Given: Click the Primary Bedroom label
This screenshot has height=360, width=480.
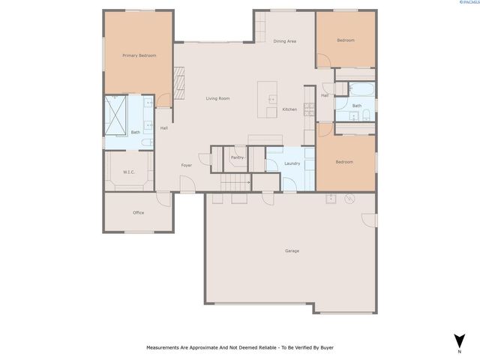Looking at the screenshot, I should (x=139, y=55).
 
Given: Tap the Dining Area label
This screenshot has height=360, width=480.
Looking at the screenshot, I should (x=284, y=41).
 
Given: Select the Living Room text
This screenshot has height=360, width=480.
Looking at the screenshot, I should (x=217, y=99).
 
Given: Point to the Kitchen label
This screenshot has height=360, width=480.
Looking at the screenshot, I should (x=289, y=110).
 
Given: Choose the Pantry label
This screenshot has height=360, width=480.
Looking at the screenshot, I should (x=237, y=157).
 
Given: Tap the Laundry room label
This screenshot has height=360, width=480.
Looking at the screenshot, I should (x=292, y=163).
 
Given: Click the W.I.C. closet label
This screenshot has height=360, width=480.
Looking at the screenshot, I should (x=128, y=172).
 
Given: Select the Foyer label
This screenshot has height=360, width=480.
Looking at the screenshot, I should (x=187, y=165).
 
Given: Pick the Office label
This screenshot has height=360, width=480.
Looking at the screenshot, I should (x=138, y=213).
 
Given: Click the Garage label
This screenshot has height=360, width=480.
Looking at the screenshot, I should (x=292, y=250).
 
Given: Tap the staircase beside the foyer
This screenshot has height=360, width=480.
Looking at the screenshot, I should (x=235, y=184).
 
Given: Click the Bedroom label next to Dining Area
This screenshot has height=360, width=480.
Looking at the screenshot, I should (x=345, y=40).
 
